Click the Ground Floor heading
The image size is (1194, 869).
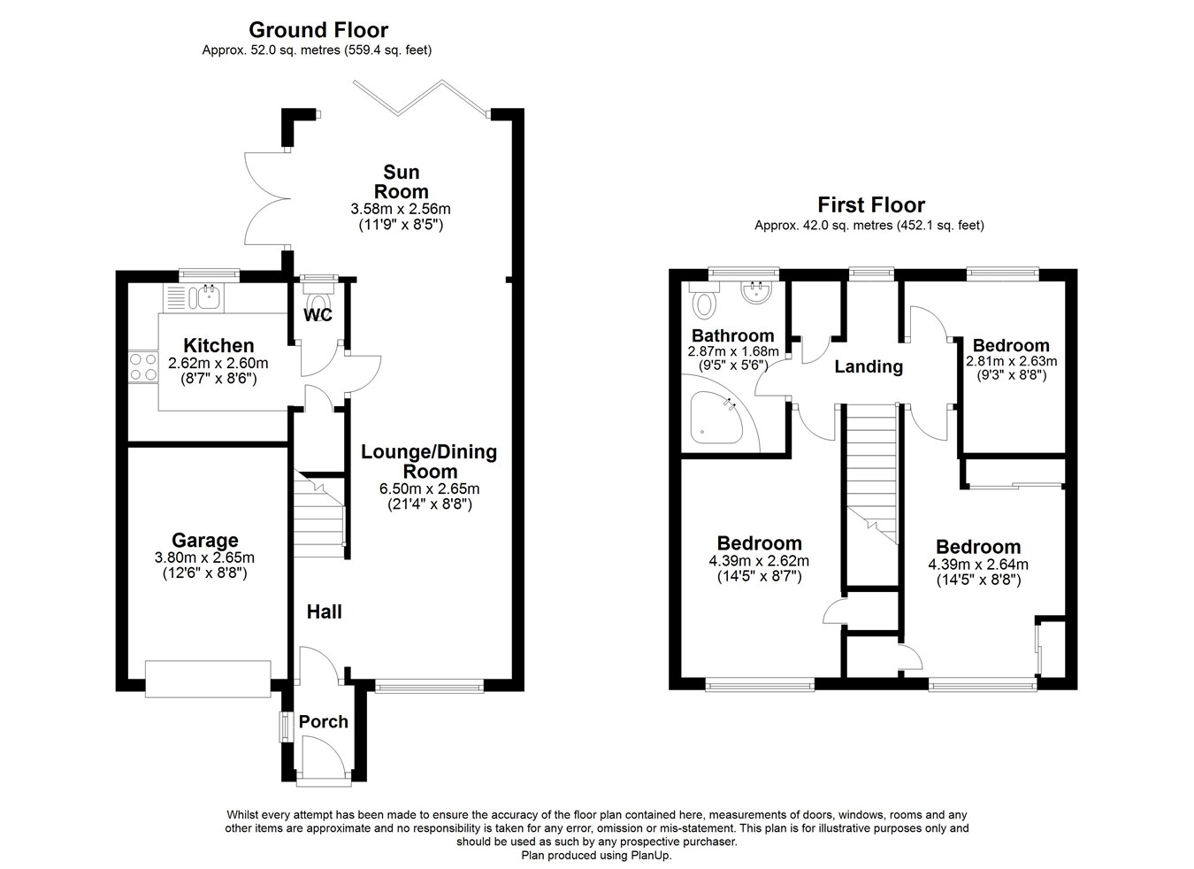point(318,30)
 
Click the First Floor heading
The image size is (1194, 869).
point(870,205)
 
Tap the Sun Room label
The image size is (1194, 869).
point(401,181)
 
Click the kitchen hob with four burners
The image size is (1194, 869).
point(142,367)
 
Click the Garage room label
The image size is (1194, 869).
point(204,540)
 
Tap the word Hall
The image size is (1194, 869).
point(324,611)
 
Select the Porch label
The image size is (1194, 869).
point(323,721)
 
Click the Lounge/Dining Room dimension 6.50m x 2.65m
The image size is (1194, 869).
point(429,488)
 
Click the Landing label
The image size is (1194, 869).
point(869,366)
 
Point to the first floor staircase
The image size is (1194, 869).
point(872,469)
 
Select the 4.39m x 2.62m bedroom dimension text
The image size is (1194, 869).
point(758,561)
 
